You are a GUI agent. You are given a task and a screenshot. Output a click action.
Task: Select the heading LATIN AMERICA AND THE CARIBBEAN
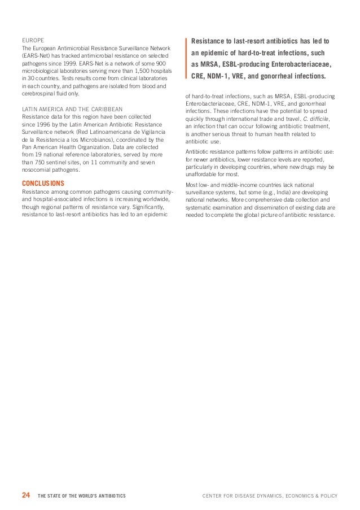pyautogui.click(x=72, y=108)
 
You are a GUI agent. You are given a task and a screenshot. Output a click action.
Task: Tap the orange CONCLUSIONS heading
pyautogui.click(x=42, y=184)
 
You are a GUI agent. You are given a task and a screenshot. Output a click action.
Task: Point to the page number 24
pyautogui.click(x=25, y=495)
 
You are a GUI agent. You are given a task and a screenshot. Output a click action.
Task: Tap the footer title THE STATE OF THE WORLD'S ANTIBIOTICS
pyautogui.click(x=82, y=496)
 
